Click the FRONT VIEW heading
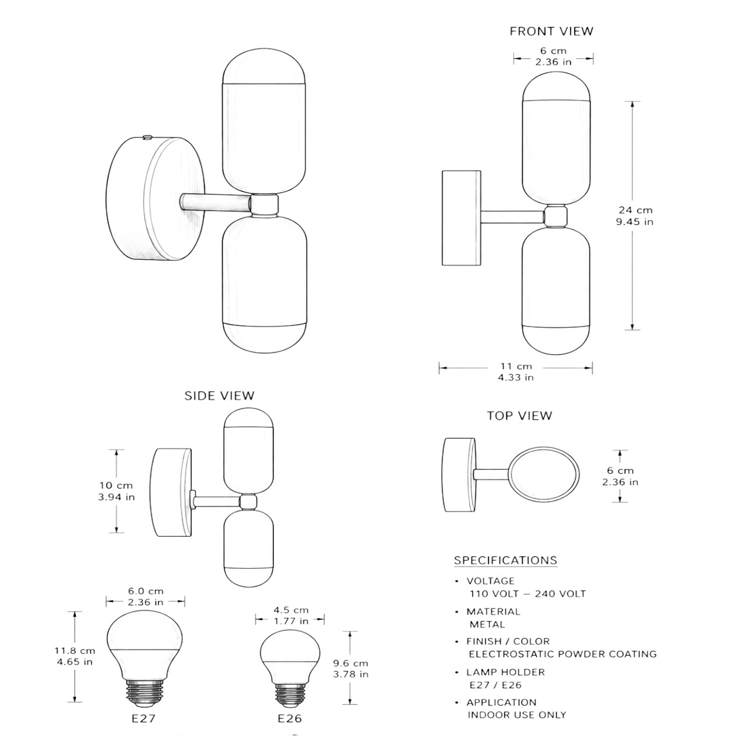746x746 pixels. (x=551, y=31)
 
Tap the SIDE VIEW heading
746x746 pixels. (x=219, y=396)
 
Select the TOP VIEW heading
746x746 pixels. (x=519, y=416)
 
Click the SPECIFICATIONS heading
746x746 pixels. (x=506, y=560)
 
